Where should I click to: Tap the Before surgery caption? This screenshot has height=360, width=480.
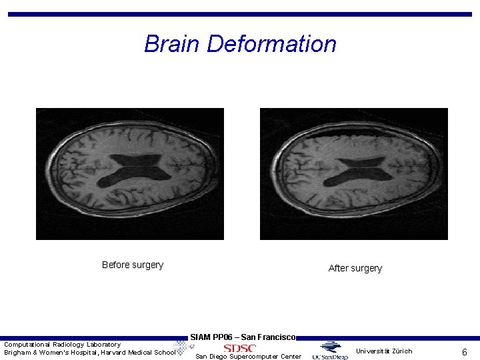(x=133, y=265)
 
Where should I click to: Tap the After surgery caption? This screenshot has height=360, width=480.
(x=355, y=268)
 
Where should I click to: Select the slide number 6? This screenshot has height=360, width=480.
(x=464, y=351)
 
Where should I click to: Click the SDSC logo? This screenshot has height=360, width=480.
(x=239, y=348)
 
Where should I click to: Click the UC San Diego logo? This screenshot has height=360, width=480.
(x=330, y=351)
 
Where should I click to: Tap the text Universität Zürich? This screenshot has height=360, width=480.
(x=384, y=351)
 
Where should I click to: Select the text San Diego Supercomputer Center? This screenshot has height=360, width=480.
(x=248, y=357)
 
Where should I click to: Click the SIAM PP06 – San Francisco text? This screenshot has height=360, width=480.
(x=243, y=337)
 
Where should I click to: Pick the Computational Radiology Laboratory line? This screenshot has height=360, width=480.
(x=63, y=344)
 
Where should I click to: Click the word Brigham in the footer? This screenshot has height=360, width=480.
(x=18, y=353)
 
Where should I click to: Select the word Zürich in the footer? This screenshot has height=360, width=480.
(x=401, y=351)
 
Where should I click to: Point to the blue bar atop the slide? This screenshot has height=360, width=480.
(x=239, y=14)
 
